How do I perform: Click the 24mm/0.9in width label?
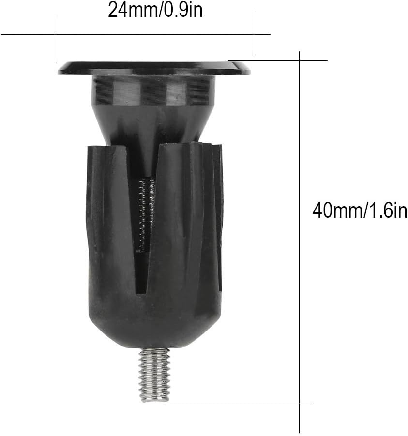[x=155, y=10]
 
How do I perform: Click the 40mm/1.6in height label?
[x=360, y=211]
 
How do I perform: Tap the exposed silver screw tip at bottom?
[x=154, y=375]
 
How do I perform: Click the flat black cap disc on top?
[x=154, y=68]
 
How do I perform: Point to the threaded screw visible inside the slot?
[x=146, y=213]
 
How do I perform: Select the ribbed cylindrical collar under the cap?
[x=154, y=89]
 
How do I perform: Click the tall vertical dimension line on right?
[x=300, y=242]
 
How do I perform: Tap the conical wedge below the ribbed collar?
[x=154, y=123]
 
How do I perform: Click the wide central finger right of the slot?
[x=181, y=218]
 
